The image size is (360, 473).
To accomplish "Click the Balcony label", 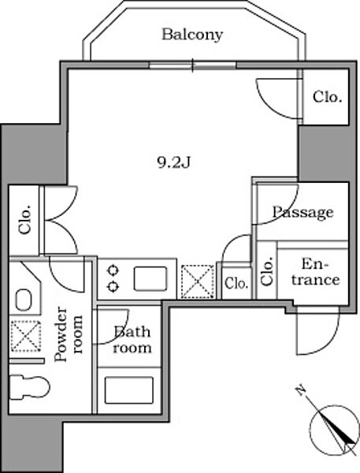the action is coord(192,35).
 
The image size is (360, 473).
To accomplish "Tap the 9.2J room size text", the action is coord(174,163).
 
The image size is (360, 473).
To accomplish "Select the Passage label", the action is coord(302,212).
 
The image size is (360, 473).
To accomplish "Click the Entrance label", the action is coord(315,272).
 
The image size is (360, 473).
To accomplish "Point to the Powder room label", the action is coord(69,334).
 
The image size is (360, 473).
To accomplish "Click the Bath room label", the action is coord(132,340).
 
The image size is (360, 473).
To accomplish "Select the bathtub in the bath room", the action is coord(128,390).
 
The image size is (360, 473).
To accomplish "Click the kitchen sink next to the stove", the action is coord(150,278).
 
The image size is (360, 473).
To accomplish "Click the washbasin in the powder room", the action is coord(23,300).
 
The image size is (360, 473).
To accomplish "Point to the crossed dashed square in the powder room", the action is coord(26,336).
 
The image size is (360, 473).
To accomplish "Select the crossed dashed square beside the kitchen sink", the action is coord(198,281).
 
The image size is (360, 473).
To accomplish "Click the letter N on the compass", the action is coord(300,390).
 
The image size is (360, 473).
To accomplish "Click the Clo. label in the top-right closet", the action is coord(328,98).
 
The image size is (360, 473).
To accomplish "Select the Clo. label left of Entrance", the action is coord(267,271).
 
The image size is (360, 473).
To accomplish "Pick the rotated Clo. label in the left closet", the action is coord(24,220).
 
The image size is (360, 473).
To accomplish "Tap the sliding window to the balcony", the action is coord(192,65).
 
